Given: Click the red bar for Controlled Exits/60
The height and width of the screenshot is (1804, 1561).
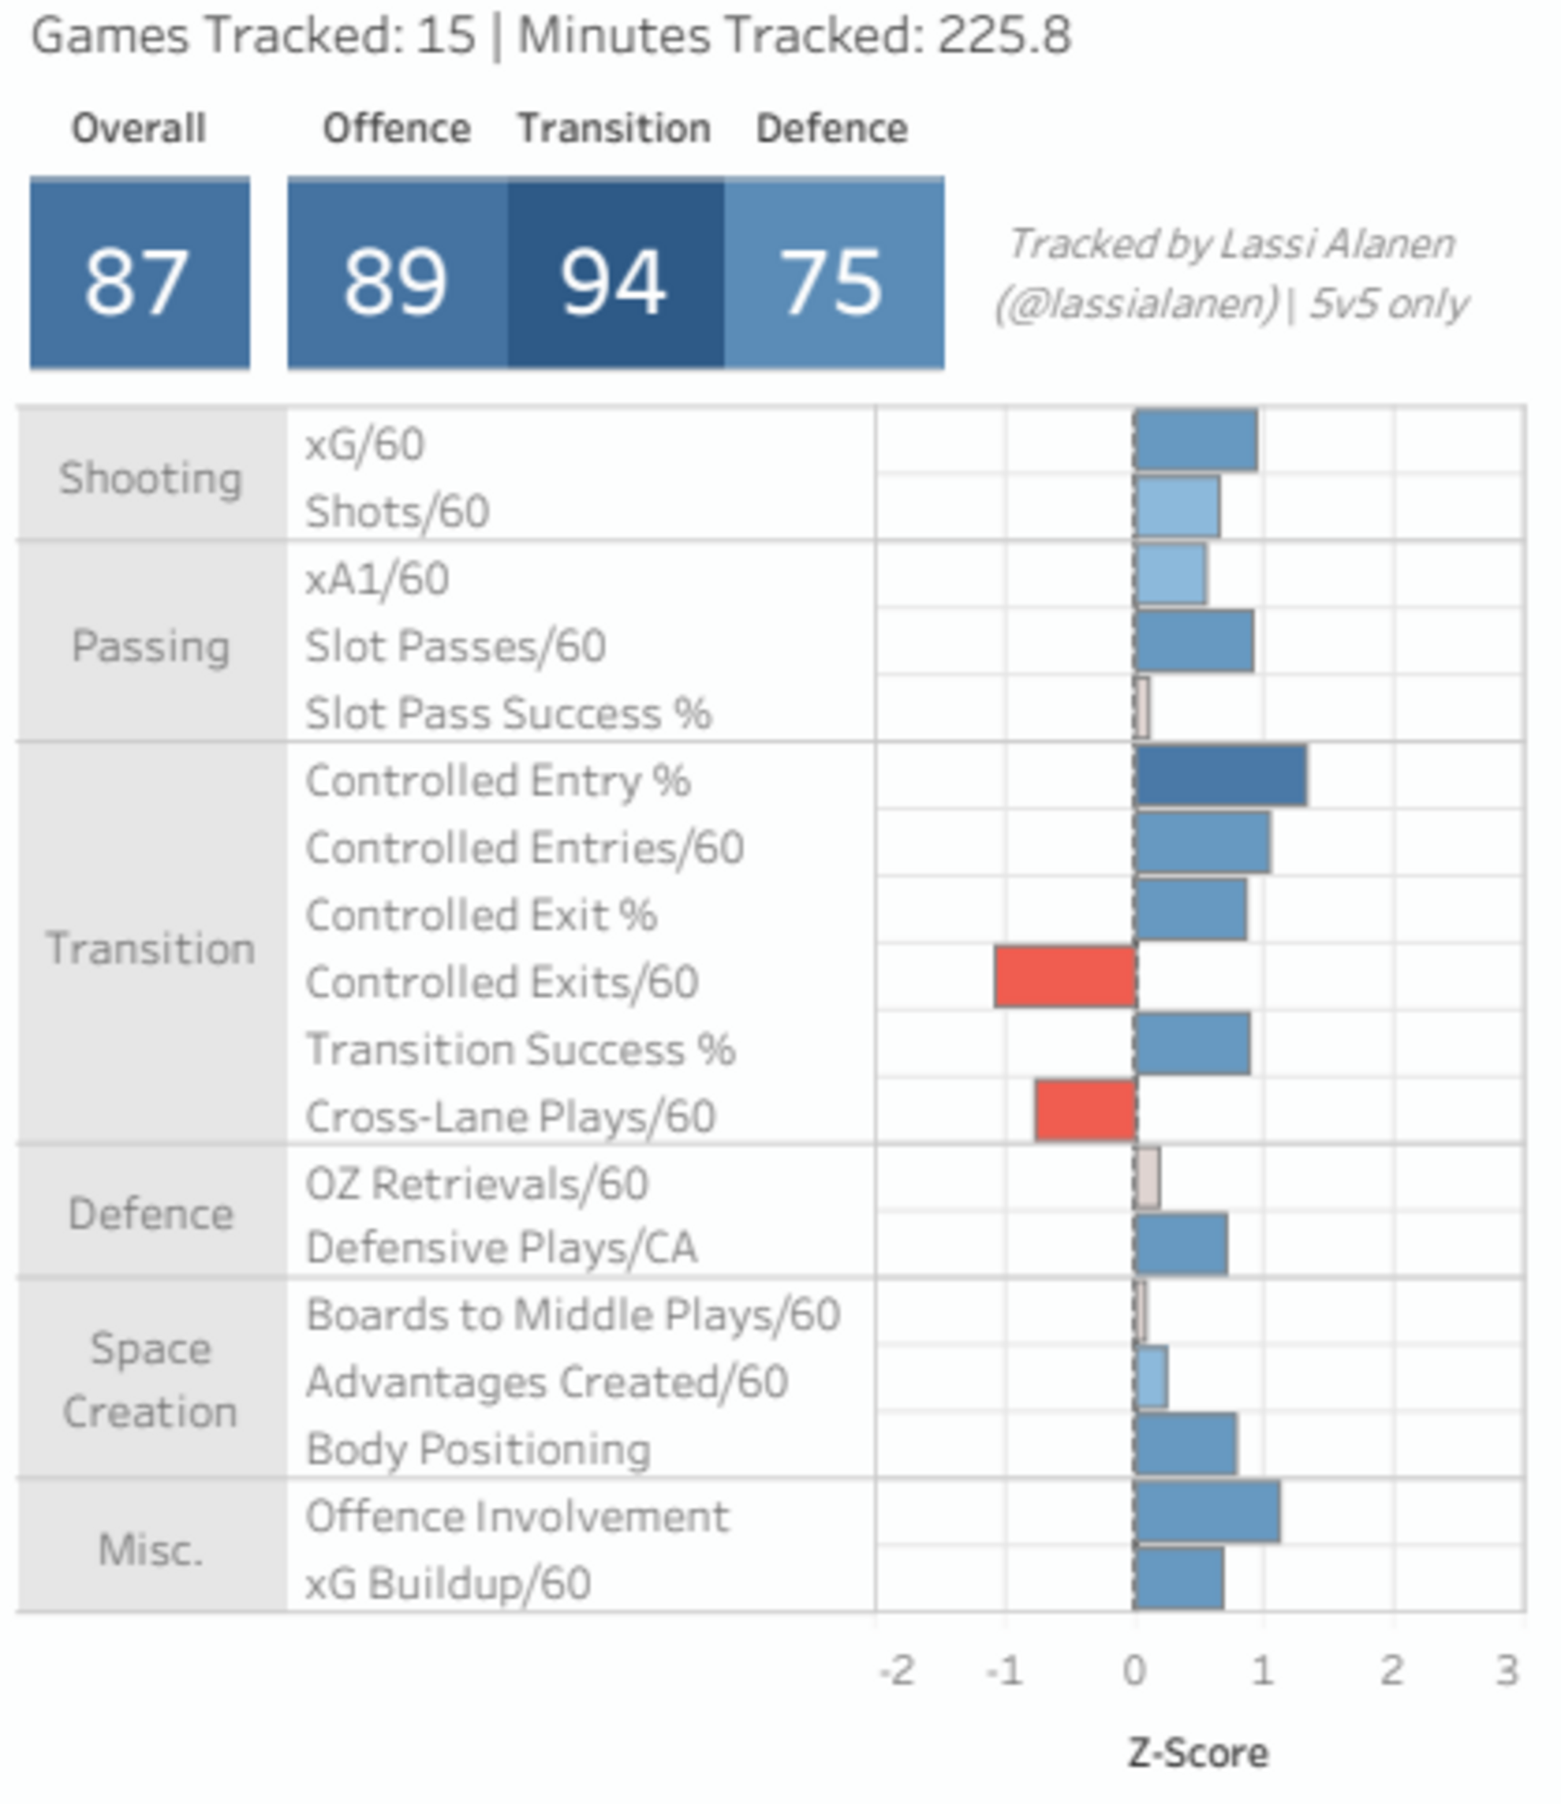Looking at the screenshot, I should point(1065,977).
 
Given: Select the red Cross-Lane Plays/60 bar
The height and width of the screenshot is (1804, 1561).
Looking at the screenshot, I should point(1086,1111).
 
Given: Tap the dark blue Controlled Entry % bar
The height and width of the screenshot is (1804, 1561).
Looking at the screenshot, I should point(1221,776).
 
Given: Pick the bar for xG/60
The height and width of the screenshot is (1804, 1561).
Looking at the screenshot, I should point(1196,441).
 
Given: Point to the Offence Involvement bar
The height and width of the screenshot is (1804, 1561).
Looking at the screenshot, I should point(1208,1512).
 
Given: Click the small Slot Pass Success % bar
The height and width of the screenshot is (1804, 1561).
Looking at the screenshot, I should point(1142,709).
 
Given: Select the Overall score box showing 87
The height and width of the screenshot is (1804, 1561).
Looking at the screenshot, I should point(139,273).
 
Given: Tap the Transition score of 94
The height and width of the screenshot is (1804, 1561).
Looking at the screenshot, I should point(615,273).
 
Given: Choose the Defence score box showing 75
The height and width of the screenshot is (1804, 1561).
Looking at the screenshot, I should point(834,273).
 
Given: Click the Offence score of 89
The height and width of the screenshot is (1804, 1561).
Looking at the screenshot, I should point(397,273).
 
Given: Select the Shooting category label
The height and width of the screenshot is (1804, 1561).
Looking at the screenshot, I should point(151,478).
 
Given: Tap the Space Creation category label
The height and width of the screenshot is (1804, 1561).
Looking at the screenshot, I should point(151,1380).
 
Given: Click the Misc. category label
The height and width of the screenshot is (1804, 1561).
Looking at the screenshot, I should point(151,1549).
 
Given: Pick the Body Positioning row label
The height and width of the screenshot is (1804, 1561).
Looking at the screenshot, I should point(478,1448).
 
